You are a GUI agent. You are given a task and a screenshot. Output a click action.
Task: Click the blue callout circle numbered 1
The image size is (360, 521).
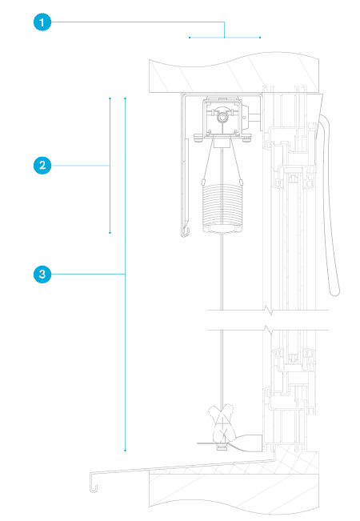pyautogui.click(x=42, y=22)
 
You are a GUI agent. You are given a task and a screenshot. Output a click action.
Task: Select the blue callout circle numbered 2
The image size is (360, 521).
pyautogui.click(x=42, y=166)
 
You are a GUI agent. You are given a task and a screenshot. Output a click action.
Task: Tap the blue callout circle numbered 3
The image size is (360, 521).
pyautogui.click(x=42, y=275)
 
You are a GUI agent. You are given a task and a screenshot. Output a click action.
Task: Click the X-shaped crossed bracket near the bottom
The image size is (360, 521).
pyautogui.click(x=222, y=422)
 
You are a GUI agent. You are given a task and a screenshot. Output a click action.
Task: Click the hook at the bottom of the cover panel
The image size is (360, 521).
pyautogui.click(x=185, y=231)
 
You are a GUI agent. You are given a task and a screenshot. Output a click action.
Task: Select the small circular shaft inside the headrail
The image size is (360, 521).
pyautogui.click(x=222, y=118)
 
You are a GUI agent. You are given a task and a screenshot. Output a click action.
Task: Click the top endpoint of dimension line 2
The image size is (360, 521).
pyautogui.click(x=110, y=98)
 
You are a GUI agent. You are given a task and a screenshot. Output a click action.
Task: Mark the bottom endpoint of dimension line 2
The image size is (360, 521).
pyautogui.click(x=110, y=233)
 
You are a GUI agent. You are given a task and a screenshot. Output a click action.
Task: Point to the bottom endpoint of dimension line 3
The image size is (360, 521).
pyautogui.click(x=126, y=451)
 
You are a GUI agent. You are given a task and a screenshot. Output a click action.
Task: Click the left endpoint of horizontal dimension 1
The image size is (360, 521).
pyautogui.click(x=190, y=38)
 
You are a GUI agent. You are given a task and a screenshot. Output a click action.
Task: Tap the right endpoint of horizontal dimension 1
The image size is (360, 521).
pyautogui.click(x=260, y=38)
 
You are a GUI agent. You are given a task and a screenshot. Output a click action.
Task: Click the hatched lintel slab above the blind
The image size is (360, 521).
pyautogui.click(x=234, y=73)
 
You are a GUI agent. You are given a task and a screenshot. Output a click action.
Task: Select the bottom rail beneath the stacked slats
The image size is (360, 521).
pyautogui.click(x=222, y=229)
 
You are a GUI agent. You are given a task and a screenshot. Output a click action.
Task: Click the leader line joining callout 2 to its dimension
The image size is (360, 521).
pyautogui.click(x=81, y=166)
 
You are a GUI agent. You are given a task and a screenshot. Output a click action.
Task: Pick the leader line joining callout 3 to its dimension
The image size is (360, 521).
pyautogui.click(x=88, y=275)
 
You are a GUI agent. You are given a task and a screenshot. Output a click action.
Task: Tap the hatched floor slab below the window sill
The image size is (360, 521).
pyautogui.click(x=234, y=491)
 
